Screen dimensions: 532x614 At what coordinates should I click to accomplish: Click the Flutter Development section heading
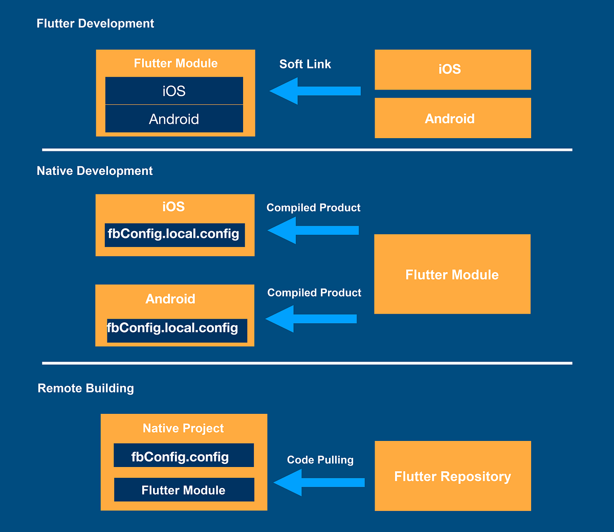(95, 24)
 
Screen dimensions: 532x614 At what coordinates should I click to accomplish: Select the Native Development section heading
(95, 171)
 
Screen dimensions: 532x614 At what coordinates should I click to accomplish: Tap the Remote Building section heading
(85, 388)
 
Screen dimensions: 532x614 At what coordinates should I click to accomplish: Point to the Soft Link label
(305, 64)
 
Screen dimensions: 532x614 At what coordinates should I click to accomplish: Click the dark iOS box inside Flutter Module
(174, 91)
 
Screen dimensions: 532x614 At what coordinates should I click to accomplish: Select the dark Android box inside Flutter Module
(174, 119)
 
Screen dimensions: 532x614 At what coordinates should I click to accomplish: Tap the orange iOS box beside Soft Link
(452, 70)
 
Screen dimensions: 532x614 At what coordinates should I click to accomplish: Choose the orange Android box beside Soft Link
(452, 119)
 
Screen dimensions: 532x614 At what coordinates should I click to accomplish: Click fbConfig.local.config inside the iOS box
(174, 235)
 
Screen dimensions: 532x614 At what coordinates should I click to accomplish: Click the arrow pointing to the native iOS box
(313, 230)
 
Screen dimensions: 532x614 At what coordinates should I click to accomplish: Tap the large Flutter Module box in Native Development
(452, 275)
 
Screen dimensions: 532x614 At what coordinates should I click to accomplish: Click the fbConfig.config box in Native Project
(183, 456)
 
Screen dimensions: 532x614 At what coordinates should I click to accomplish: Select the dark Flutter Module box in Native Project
(183, 490)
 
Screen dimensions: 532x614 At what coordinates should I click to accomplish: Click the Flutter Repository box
(452, 476)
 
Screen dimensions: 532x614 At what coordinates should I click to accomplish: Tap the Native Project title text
(183, 429)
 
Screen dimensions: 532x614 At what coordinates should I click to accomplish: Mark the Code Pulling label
(320, 460)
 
